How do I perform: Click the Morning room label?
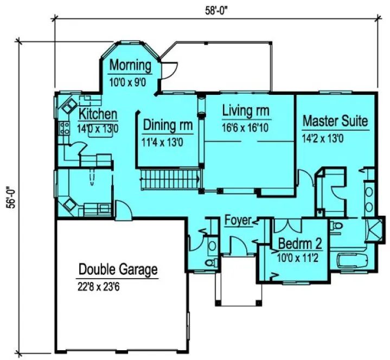tap(130, 66)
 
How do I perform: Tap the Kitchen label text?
tap(98, 114)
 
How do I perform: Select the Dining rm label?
tap(168, 125)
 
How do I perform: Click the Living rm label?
tap(246, 111)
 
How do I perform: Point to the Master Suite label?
tap(335, 120)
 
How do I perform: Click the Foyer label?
tap(238, 220)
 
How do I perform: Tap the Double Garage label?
tap(118, 269)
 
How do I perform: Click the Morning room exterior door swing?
tap(170, 69)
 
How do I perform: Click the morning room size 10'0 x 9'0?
tap(130, 81)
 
